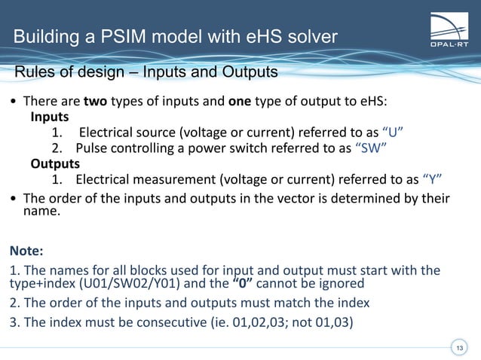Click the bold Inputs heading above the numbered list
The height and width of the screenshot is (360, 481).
[50, 117]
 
